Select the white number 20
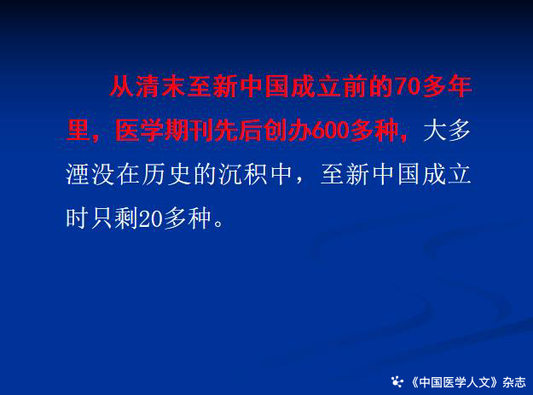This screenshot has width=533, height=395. [151, 218]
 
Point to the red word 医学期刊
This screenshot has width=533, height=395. [164, 131]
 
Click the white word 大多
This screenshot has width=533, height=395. [447, 131]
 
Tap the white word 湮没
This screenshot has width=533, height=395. [90, 175]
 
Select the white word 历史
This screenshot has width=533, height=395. [167, 175]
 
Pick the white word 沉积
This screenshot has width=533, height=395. [243, 175]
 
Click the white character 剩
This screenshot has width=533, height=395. [125, 218]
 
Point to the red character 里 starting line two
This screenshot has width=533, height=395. [78, 131]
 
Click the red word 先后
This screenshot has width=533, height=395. [238, 131]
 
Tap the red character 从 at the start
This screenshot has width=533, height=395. [122, 86]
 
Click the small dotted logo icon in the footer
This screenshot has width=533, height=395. [397, 382]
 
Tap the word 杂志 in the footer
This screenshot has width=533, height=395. [514, 382]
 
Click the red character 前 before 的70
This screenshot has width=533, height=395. [356, 86]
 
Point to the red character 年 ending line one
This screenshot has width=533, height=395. [460, 86]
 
